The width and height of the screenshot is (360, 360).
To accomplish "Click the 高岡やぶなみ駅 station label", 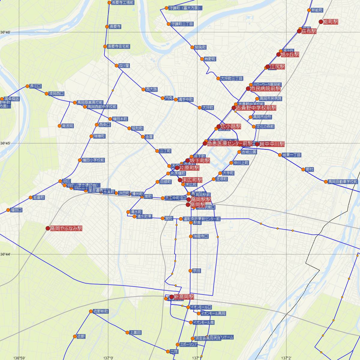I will click(66, 228).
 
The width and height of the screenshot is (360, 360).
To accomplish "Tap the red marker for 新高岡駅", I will click(171, 297).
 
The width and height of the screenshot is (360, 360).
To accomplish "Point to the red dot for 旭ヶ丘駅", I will click(278, 55).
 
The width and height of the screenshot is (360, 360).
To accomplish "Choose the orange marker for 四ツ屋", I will click(117, 65).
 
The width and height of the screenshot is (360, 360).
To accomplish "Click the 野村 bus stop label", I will click(310, 169).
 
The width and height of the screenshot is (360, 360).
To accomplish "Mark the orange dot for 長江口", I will click(27, 86).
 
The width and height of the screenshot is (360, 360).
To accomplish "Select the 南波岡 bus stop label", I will click(67, 126).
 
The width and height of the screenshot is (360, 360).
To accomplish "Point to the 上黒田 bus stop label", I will click(135, 332).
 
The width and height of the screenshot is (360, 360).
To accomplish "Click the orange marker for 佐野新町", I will click(91, 311).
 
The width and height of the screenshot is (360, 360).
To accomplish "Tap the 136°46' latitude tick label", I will click(5, 32).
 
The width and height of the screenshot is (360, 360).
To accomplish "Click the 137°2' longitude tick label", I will click(286, 358).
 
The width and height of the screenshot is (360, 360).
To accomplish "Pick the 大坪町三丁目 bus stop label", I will click(232, 78).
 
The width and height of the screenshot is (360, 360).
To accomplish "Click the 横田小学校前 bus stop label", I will click(93, 160).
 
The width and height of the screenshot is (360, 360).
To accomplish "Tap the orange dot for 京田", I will click(190, 271).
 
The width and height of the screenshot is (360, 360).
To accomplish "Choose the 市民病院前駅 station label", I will click(265, 89).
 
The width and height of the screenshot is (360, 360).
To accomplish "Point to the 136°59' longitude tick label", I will click(19, 358).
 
